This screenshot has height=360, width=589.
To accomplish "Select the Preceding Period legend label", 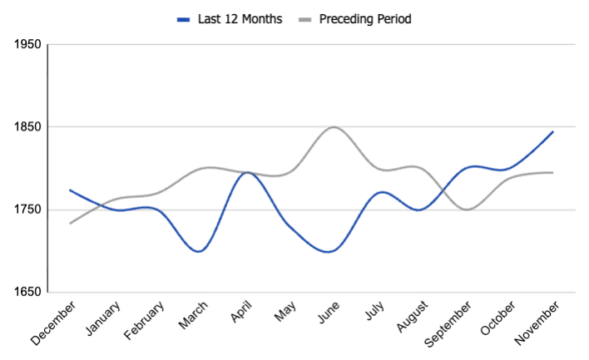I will [x=365, y=18].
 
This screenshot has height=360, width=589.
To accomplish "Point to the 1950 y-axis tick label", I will [x=27, y=44].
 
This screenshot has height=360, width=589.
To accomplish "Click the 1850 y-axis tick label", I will [x=27, y=127].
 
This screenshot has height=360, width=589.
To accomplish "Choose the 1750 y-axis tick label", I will [x=27, y=210].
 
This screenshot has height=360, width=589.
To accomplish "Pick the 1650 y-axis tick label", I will [x=27, y=292].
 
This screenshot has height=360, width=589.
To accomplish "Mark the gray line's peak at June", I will [x=334, y=127].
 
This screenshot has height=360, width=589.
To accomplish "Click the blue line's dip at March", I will [x=198, y=251].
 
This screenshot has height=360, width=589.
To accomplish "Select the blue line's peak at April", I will [x=245, y=172].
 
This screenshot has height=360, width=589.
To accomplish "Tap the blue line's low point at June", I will [x=332, y=251].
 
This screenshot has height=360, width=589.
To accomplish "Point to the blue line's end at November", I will [x=552, y=131].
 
